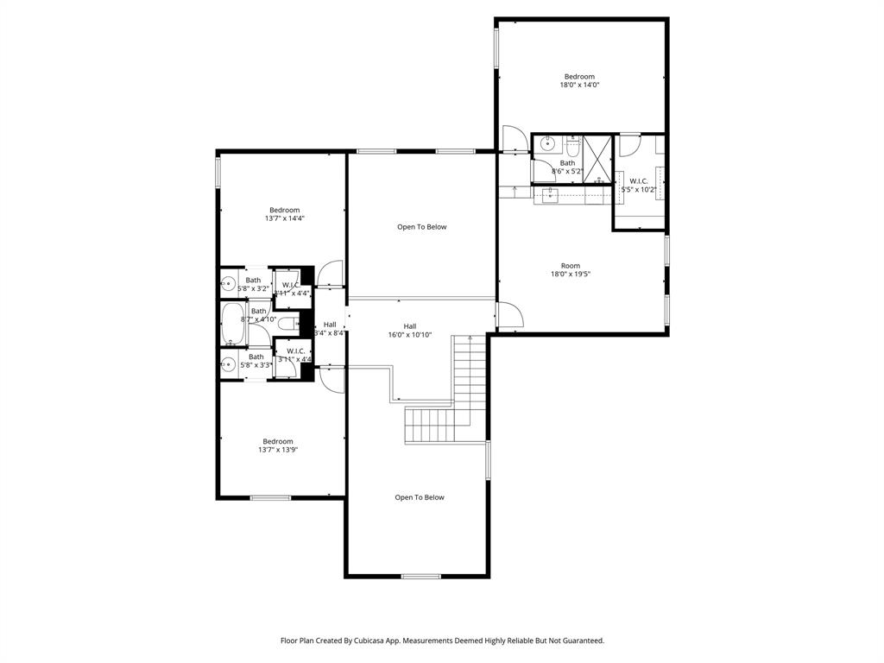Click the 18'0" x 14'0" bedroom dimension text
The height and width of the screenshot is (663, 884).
[579, 85]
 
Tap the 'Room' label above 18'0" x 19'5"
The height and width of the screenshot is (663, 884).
[570, 266]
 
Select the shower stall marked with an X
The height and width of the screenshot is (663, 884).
[597, 156]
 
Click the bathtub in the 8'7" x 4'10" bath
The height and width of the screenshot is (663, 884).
[233, 324]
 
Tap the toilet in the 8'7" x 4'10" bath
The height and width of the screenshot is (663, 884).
[291, 324]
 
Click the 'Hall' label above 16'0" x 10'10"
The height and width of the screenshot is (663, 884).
[410, 326]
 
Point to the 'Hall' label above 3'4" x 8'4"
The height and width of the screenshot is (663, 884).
[330, 325]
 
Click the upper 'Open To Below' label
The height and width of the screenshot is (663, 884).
[422, 227]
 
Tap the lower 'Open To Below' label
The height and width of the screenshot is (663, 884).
[420, 497]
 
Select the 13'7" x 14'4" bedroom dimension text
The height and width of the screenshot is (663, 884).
[284, 218]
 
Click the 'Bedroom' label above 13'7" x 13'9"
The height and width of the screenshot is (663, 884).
[278, 441]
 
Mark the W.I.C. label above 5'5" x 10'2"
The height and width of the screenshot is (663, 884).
[639, 181]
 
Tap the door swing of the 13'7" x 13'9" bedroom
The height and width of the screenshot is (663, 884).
[331, 377]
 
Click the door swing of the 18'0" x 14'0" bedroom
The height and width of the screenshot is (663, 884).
[513, 139]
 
